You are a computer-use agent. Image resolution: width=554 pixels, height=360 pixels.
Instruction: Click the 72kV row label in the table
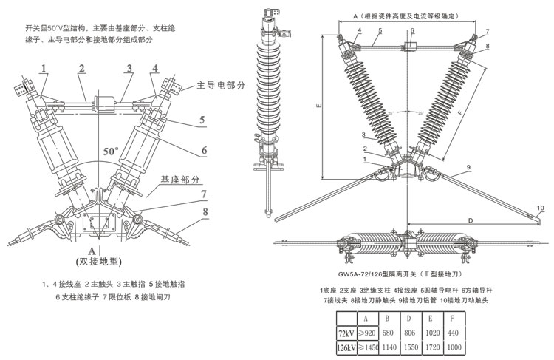click(x=346, y=332)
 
